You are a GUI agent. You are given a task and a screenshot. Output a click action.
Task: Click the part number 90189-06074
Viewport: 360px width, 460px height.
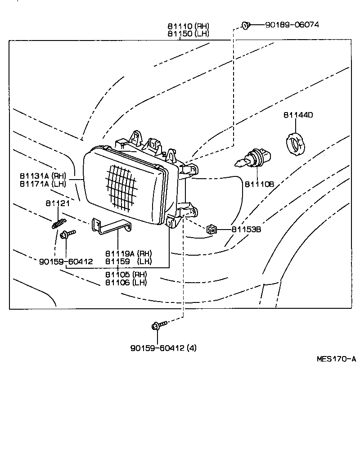[x=292, y=25]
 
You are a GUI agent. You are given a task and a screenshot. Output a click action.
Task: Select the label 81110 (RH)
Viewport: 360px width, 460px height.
[x=189, y=27]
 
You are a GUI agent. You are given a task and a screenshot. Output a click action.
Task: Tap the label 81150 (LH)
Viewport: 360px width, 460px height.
[x=189, y=34]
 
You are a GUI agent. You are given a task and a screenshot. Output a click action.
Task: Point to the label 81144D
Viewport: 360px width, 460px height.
[x=298, y=115]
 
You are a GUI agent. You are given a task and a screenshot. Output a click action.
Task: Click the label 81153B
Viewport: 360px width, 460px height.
[x=246, y=229]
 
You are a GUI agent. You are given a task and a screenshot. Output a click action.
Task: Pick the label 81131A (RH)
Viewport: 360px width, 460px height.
[x=43, y=175]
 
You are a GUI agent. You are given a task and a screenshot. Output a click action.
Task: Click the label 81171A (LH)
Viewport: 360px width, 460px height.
[x=43, y=183]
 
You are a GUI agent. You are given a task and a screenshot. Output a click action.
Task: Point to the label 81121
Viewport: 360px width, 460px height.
[x=58, y=203]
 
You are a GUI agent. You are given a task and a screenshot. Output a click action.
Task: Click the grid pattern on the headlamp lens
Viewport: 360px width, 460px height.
[x=121, y=186]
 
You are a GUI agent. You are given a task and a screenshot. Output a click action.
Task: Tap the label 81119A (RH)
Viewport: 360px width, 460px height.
[x=129, y=253]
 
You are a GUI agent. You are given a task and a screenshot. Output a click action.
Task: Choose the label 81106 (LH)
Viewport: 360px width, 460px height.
[x=126, y=283]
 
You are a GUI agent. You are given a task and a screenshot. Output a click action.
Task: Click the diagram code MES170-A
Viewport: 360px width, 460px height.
[x=336, y=359]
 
